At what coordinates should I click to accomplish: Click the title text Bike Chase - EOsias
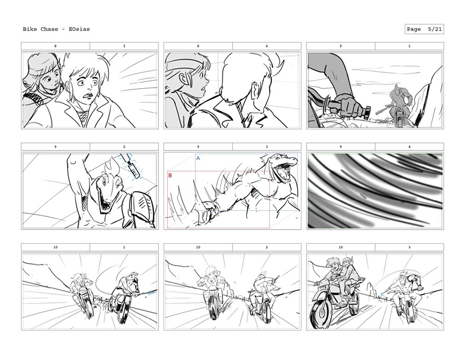click(56, 29)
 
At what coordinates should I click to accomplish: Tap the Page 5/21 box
click(424, 29)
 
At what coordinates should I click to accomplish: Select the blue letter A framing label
click(198, 158)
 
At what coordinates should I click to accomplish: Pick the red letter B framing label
click(170, 176)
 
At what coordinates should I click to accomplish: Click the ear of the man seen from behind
click(255, 90)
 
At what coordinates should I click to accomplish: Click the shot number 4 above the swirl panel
click(409, 147)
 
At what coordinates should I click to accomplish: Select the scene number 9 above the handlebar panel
click(340, 46)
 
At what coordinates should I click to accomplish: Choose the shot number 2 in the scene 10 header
click(267, 248)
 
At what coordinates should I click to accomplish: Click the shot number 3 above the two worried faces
click(124, 46)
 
